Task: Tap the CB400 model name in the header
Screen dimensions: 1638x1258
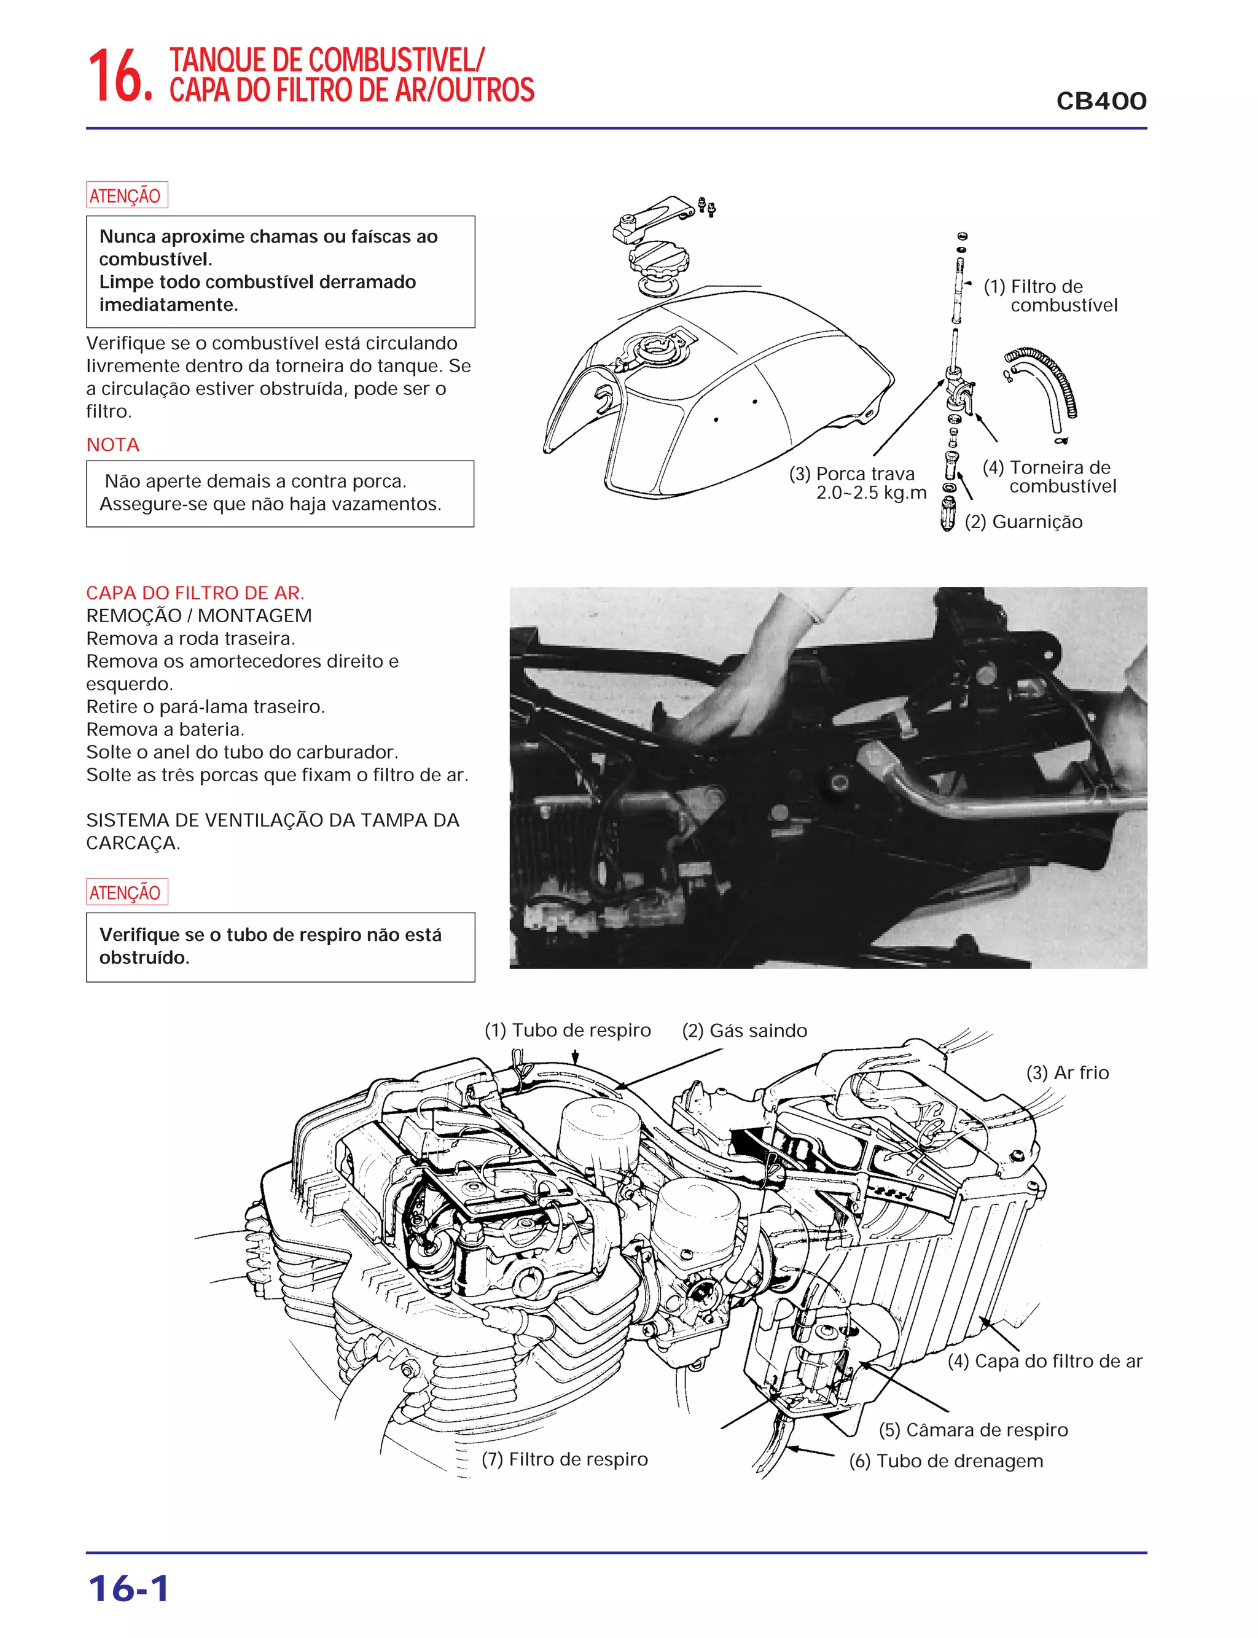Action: click(1101, 101)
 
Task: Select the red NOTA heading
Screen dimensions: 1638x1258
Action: click(112, 445)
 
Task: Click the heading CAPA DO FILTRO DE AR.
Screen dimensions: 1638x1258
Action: click(195, 593)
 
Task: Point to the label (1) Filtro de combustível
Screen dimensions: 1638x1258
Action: click(1050, 295)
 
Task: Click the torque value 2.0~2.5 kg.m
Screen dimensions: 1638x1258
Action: click(871, 493)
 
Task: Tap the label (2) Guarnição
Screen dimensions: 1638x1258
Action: click(1023, 522)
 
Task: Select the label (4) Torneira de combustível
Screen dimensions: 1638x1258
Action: click(1049, 477)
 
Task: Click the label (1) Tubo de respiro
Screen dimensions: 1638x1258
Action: click(568, 1030)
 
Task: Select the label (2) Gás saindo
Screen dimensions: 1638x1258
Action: click(744, 1031)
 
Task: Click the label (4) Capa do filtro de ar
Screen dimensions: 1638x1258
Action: click(1045, 1361)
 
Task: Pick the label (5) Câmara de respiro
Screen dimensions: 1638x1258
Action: click(974, 1430)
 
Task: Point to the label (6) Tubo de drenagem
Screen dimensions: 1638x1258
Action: click(946, 1461)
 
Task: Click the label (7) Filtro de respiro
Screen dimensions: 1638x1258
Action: click(565, 1459)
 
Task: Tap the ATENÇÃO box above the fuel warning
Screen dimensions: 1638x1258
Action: click(127, 195)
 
